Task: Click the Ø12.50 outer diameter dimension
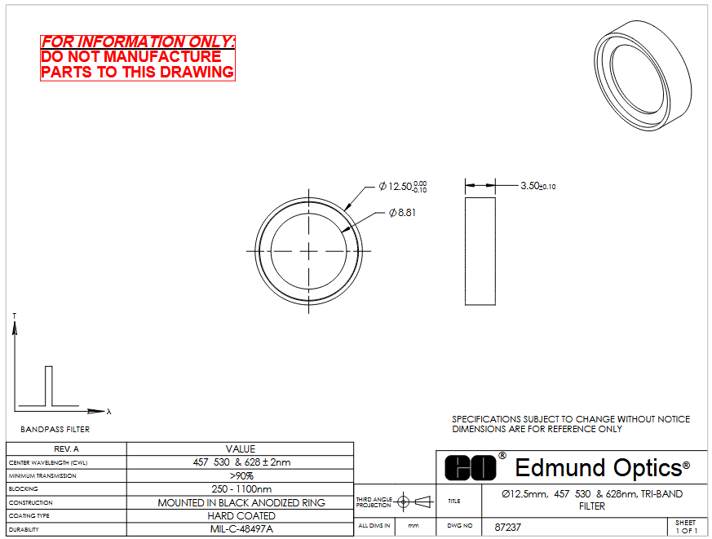[x=403, y=187]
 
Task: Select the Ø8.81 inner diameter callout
[x=402, y=213]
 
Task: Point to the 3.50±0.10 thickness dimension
[x=538, y=186]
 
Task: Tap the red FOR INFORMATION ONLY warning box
[x=138, y=58]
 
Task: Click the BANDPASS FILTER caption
[x=55, y=429]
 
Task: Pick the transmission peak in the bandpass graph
[x=49, y=366]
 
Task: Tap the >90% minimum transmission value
[x=241, y=475]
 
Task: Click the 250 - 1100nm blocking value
[x=241, y=489]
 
